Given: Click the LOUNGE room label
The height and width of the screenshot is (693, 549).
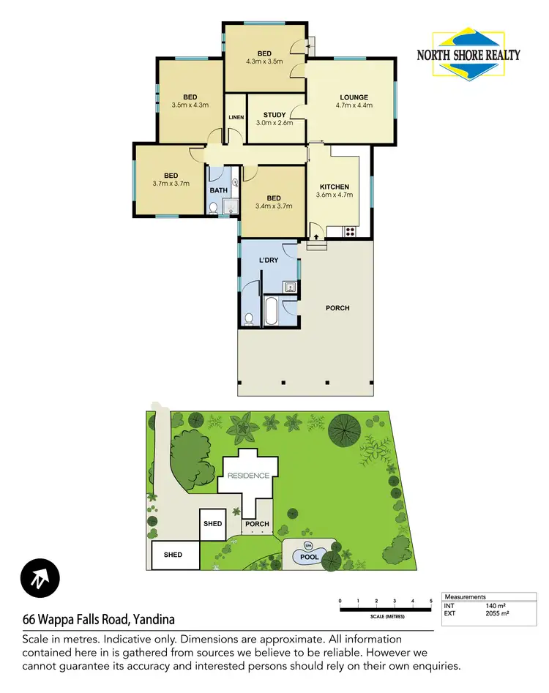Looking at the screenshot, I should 354,97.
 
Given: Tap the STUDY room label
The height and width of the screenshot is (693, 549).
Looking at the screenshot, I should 274,115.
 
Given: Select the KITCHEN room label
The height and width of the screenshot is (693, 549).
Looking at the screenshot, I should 333,187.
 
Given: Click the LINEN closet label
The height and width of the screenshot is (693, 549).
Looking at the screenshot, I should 236,117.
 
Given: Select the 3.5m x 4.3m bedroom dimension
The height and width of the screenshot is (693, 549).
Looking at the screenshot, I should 190,105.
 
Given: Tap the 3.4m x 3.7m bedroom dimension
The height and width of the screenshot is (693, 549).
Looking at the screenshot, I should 274,206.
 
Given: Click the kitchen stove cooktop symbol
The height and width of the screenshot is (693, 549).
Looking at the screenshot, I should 350,232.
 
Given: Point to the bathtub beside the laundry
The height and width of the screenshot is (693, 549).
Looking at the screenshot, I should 269,312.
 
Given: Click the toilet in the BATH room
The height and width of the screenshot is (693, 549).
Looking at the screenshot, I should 213,209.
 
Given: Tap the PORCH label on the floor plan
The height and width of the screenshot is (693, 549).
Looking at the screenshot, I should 337,308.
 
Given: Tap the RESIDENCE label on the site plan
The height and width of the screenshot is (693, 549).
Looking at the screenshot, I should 248,476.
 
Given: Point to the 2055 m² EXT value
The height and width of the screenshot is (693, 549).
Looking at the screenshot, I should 497,613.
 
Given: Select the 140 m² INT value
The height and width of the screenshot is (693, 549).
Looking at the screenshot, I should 495,606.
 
